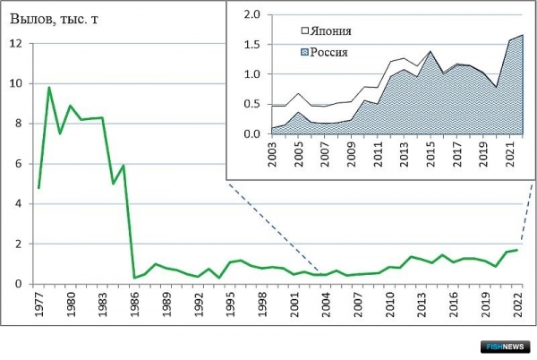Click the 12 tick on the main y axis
15,44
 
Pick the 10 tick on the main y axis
15,84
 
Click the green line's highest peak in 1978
49,88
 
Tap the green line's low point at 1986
134,278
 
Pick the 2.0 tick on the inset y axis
251,15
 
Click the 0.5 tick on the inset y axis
251,105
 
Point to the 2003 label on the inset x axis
271,154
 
